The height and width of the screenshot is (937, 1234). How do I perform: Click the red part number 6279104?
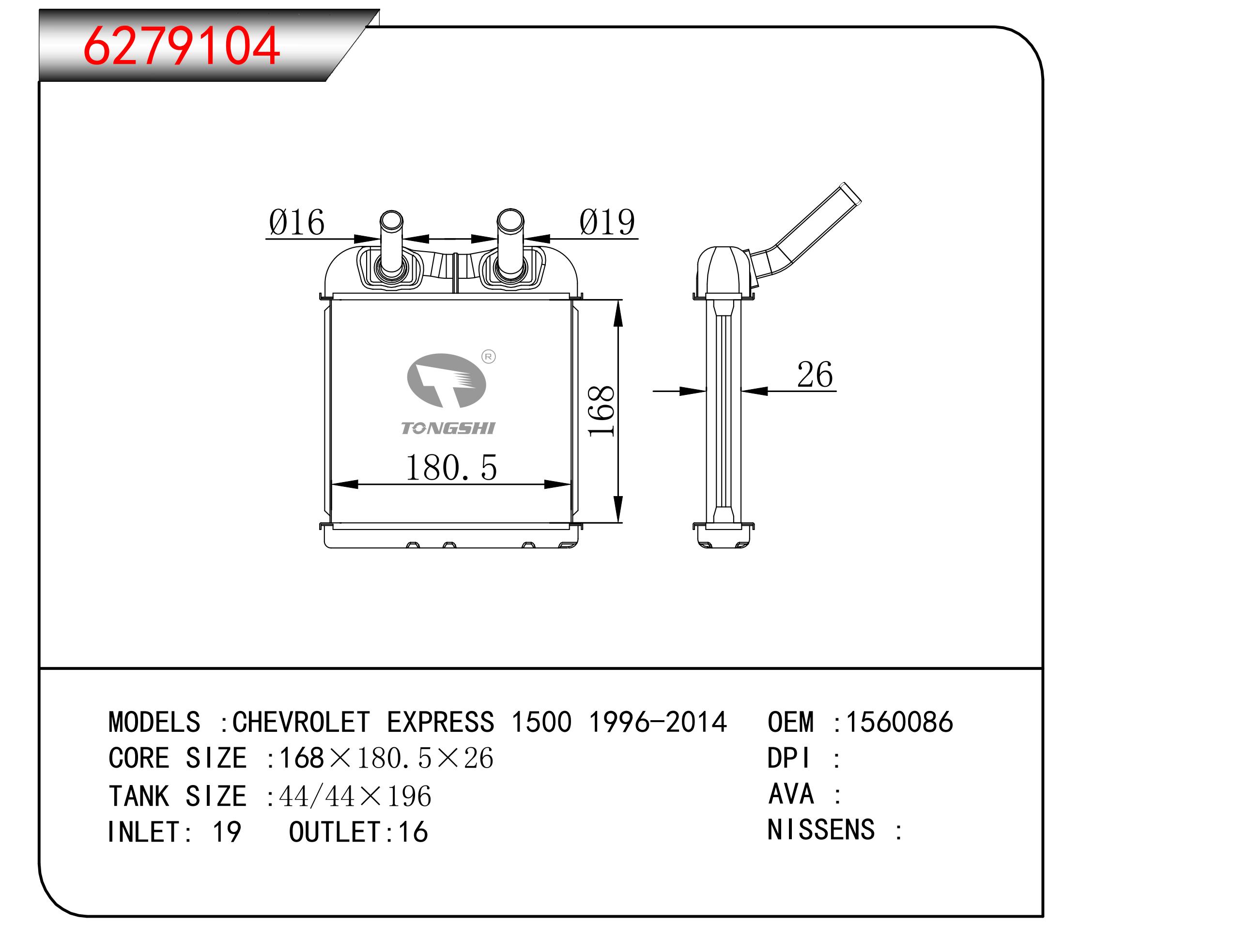(x=182, y=45)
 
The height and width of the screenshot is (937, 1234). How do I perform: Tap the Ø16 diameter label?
(x=296, y=222)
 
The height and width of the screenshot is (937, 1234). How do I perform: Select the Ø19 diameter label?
(x=607, y=222)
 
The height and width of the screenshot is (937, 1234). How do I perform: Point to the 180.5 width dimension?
(x=451, y=468)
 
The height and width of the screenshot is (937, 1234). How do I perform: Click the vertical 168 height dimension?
(x=602, y=411)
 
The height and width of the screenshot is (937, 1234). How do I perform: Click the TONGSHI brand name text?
(x=448, y=428)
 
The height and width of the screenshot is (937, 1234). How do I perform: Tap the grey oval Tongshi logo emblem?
(x=447, y=380)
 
